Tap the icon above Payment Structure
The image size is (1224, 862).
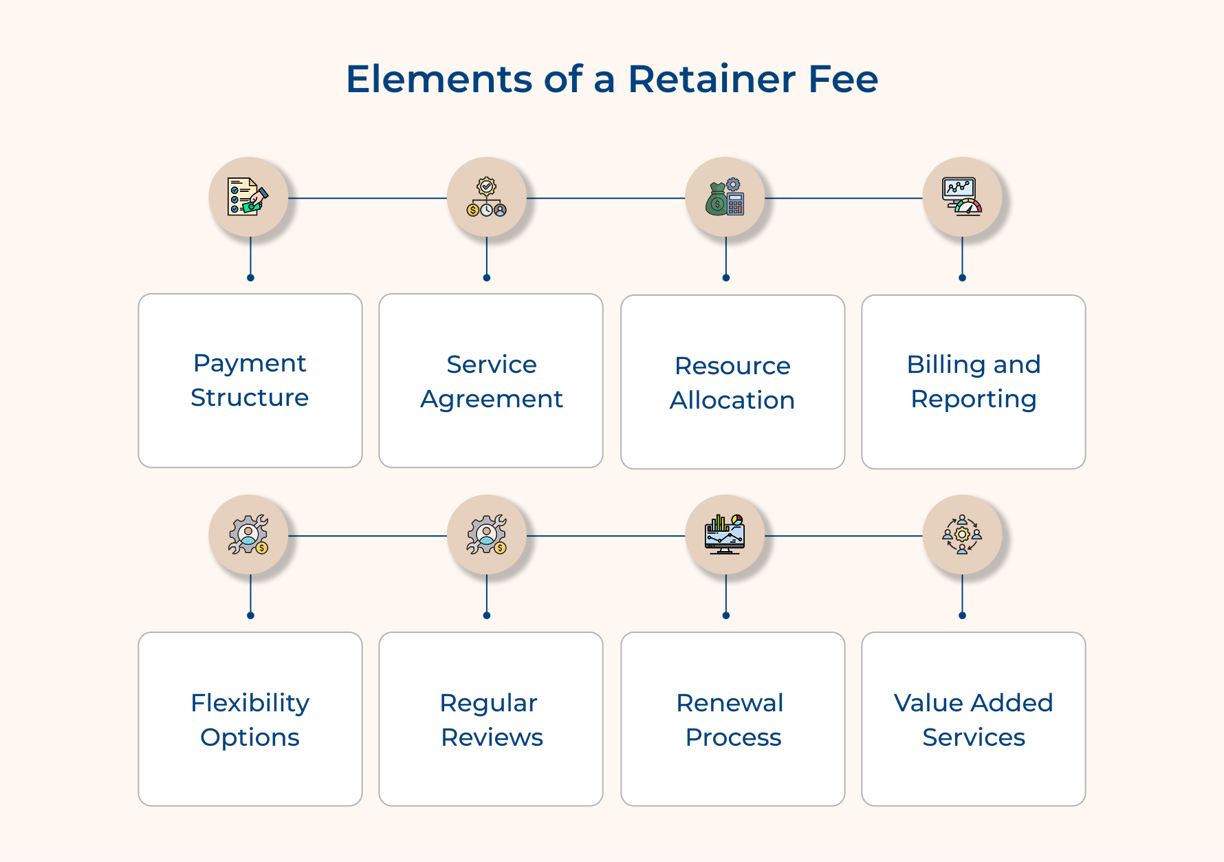pos(248,197)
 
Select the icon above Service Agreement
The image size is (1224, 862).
pos(487,197)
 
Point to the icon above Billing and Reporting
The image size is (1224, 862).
pos(962,197)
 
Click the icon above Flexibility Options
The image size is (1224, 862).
pos(248,535)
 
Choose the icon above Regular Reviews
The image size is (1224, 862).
pos(487,535)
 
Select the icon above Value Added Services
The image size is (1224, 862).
pos(962,535)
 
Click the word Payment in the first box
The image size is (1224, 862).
pos(250,363)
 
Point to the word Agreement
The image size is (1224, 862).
pos(492,400)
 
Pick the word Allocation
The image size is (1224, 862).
pos(732,400)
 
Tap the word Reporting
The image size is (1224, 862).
pos(974,400)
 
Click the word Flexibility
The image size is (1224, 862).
pos(250,703)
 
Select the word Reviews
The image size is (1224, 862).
pos(492,737)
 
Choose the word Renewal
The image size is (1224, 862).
pos(730,703)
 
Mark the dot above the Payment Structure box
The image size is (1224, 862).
pos(250,278)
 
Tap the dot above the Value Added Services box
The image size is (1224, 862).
pos(962,616)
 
